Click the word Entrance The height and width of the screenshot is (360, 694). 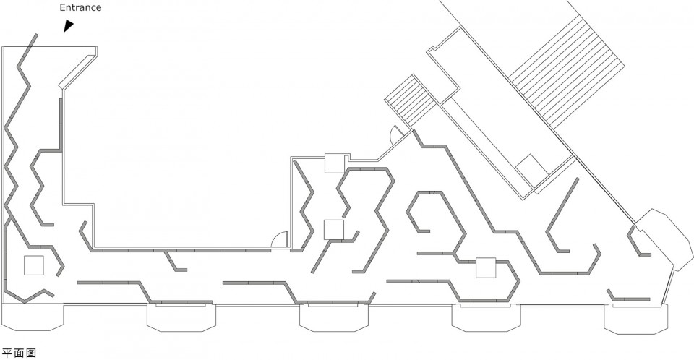pos(80,7)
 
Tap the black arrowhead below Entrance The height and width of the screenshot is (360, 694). pos(68,25)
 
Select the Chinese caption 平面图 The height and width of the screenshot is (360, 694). pos(19,353)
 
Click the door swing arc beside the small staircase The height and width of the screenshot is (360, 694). pos(395,133)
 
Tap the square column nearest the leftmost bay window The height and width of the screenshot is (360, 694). pos(34,265)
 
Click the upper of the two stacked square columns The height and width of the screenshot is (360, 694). pos(335,163)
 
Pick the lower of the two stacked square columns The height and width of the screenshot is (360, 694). pos(334,229)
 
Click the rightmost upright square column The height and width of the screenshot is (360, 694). pos(486,268)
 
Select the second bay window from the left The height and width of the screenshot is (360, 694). pos(181,317)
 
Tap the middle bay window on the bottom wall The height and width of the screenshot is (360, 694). pos(334,317)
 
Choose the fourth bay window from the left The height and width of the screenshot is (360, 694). pos(486,317)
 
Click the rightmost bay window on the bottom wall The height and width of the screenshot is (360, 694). pos(636,318)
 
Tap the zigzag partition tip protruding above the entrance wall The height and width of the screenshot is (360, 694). pos(36,35)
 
